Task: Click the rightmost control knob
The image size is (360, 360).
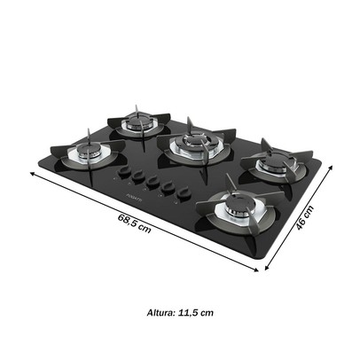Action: click(184, 192)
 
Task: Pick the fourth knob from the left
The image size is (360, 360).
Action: click(168, 188)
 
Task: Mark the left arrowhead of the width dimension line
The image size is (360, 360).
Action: click(34, 175)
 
